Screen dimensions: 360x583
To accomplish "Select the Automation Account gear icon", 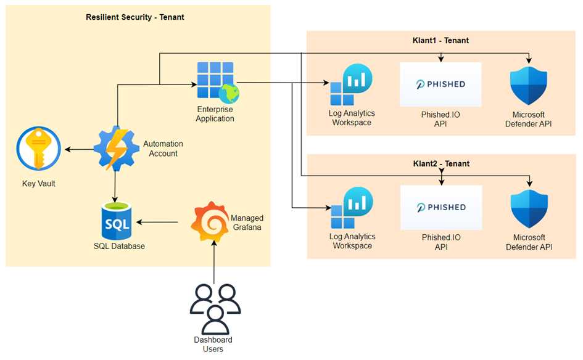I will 117,149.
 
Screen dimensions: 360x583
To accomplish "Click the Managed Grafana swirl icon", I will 210,221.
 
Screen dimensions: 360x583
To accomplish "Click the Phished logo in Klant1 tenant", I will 440,84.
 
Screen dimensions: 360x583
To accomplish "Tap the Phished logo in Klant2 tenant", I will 440,207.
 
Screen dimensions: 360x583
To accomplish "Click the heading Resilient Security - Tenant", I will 134,17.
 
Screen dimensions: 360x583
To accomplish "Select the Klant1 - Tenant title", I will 440,41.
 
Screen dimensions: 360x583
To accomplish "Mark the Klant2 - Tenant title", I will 440,164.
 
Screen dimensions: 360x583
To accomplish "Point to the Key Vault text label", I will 38,183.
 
